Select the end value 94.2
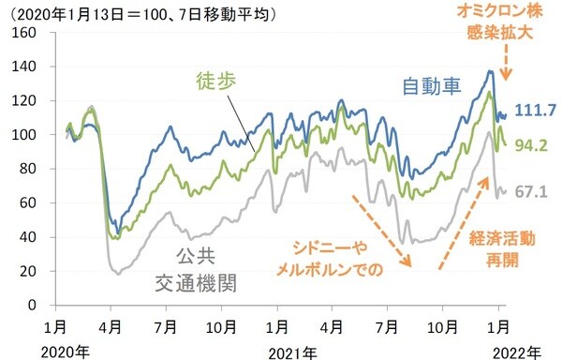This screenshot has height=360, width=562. pyautogui.click(x=531, y=144)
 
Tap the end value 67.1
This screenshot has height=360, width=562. pyautogui.click(x=531, y=191)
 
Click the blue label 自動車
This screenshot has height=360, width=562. pyautogui.click(x=432, y=86)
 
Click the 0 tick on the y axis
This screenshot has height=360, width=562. pyautogui.click(x=32, y=306)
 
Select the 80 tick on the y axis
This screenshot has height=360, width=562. pyautogui.click(x=28, y=170)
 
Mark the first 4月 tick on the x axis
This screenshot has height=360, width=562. pyautogui.click(x=110, y=327)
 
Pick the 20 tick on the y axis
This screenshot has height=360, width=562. pyautogui.click(x=28, y=272)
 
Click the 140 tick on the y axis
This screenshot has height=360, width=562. pyautogui.click(x=24, y=67)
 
